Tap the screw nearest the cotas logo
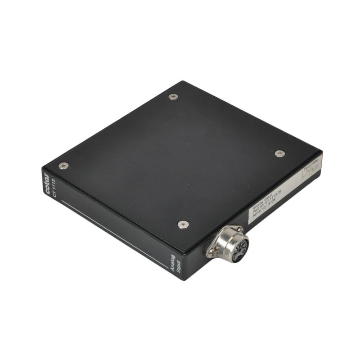pos(63,166)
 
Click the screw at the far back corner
pos(173,96)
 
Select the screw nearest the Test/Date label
pos(279,153)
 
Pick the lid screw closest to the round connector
pos(183,224)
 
